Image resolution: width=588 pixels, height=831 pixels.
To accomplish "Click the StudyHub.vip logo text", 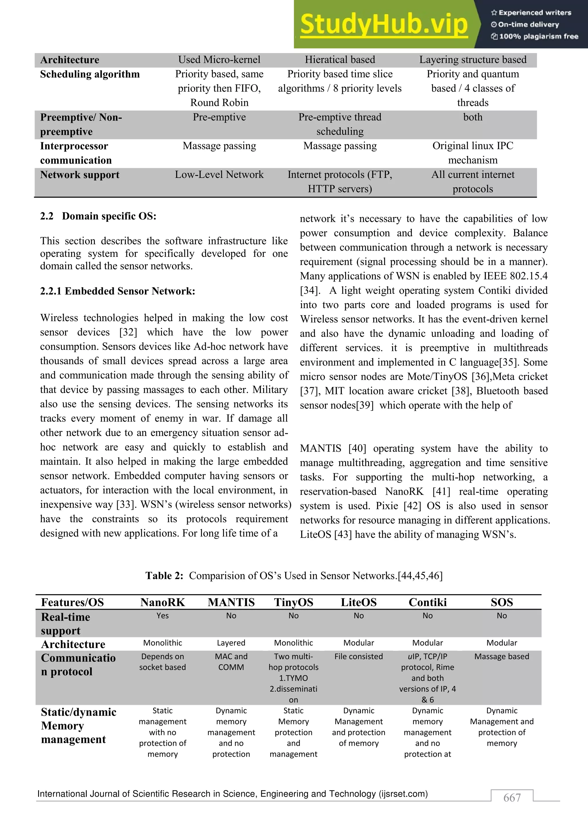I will [384, 25].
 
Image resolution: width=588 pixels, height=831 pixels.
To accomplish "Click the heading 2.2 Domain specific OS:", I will [98, 216].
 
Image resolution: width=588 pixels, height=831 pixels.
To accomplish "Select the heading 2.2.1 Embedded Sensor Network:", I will [118, 291].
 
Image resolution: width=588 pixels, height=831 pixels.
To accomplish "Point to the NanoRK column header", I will [163, 602].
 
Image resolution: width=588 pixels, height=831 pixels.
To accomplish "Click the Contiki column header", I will [428, 602].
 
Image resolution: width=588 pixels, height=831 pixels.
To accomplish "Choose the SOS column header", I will [502, 602].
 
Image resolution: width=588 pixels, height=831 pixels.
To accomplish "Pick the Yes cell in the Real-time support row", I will [163, 616].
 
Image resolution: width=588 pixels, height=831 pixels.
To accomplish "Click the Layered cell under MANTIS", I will [231, 643].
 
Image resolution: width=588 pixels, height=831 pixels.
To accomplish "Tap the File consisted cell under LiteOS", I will [358, 657].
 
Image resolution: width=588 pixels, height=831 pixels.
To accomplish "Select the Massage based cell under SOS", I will [502, 657].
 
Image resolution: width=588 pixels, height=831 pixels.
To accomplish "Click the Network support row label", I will [80, 175].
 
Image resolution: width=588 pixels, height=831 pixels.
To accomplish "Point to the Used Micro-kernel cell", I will [219, 60].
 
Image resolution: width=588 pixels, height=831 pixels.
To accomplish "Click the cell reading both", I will [473, 117].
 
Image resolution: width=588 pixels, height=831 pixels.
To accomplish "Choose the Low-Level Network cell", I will [219, 175].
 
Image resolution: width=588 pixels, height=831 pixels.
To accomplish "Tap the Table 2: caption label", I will [165, 576].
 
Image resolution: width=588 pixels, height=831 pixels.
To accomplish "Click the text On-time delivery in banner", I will [528, 25].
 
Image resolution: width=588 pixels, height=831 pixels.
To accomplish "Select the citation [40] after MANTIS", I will [357, 448].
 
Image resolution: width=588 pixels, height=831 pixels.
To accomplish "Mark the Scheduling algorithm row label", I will [90, 74].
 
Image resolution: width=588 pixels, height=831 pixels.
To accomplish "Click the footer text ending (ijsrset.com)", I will [233, 794].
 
